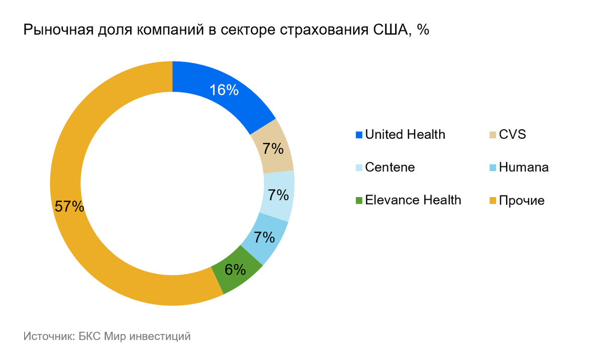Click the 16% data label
point(224,90)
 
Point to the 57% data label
point(69,207)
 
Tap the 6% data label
point(235,270)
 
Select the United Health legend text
point(405,135)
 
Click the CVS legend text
point(513,135)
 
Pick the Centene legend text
point(390,167)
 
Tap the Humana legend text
point(524,167)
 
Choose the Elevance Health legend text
point(413,200)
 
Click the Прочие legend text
point(522,201)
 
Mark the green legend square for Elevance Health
point(359,201)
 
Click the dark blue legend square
point(359,135)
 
